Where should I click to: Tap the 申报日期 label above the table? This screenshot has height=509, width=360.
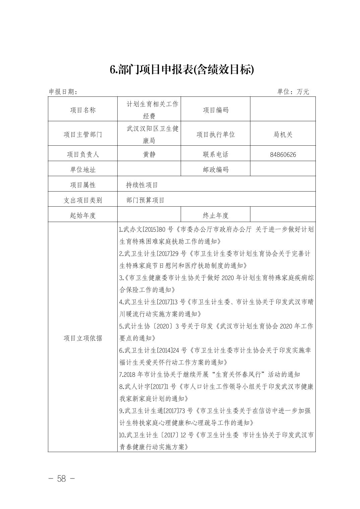(x=63, y=91)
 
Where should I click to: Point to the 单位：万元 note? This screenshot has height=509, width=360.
(x=293, y=91)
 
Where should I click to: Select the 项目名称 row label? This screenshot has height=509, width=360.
(x=82, y=110)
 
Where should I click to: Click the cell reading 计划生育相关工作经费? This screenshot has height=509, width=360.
(x=149, y=110)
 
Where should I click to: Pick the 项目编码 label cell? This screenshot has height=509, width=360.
(x=216, y=110)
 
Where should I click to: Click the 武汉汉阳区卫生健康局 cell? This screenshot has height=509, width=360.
(x=149, y=134)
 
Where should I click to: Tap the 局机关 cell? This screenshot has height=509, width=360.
(x=283, y=134)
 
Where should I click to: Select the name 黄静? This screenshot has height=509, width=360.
(x=149, y=154)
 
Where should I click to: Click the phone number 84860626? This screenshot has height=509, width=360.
(x=283, y=155)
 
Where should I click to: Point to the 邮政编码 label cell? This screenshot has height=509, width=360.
(x=216, y=170)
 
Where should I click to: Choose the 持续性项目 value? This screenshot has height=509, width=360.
(x=142, y=185)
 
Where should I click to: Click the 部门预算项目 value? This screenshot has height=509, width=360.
(x=145, y=200)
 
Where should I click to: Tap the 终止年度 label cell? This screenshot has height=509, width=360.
(x=216, y=215)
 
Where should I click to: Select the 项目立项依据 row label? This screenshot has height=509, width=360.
(x=82, y=338)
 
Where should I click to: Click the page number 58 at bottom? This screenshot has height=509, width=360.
(x=62, y=479)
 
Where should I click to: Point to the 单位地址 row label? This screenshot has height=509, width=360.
(x=82, y=170)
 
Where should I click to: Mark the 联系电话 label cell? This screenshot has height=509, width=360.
(x=216, y=154)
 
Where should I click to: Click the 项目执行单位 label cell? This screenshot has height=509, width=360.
(x=216, y=134)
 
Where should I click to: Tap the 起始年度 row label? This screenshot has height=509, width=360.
(x=82, y=215)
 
